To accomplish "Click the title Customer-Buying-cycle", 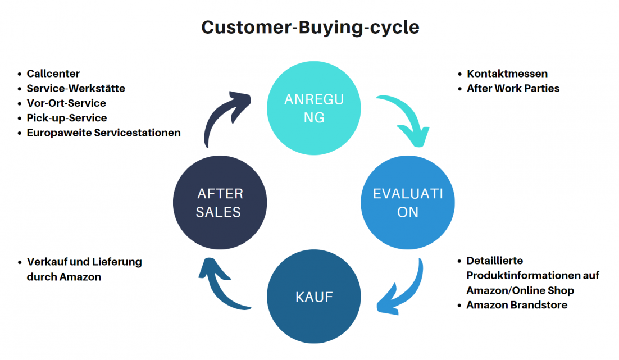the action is [x=310, y=28].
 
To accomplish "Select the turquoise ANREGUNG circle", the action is [x=314, y=108].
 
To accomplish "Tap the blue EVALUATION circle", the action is [x=408, y=203].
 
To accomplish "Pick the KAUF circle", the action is [x=314, y=297].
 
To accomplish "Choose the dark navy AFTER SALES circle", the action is [x=220, y=203].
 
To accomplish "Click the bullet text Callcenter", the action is [x=53, y=74].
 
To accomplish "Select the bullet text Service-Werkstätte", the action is [x=76, y=88].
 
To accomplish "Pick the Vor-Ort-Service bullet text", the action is [x=66, y=103].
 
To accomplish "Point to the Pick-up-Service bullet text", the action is [x=67, y=118].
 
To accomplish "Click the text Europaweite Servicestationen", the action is [x=104, y=133].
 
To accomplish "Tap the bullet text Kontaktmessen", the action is [x=507, y=74].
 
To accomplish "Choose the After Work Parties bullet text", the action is [x=513, y=88].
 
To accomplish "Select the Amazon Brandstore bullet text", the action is [x=517, y=305].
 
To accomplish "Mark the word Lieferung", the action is [x=117, y=262].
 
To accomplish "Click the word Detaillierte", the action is [x=495, y=261].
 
